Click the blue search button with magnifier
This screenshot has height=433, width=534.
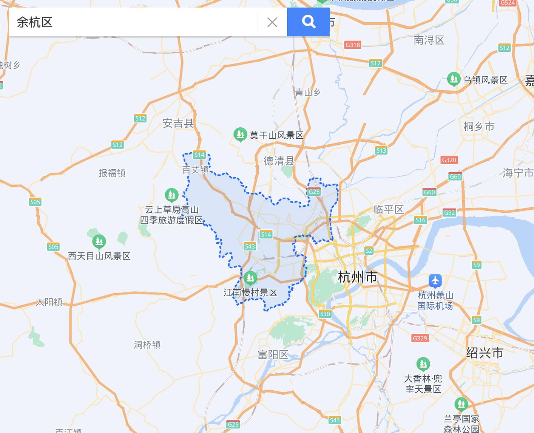[x=308, y=22]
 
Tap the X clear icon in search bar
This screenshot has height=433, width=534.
[x=272, y=22]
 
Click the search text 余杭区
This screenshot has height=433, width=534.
[x=34, y=22]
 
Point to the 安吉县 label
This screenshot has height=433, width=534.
[x=178, y=123]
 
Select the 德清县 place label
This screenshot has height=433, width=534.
[x=279, y=161]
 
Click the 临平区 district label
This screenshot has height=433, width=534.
[x=388, y=210]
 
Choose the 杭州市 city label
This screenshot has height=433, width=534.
[x=358, y=277]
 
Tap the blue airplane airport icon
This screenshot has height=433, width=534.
[x=435, y=281]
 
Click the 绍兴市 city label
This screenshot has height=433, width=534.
[x=485, y=353]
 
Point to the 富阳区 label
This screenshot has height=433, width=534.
[x=273, y=354]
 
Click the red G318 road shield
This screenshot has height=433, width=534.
[x=353, y=45]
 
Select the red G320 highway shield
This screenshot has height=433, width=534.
[x=449, y=160]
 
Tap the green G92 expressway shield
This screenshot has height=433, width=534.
[x=449, y=213]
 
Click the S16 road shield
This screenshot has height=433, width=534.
[x=420, y=220]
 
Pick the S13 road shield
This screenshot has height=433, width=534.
[x=381, y=150]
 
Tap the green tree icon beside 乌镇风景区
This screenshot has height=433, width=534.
[x=454, y=79]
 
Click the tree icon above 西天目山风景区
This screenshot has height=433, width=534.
[x=99, y=241]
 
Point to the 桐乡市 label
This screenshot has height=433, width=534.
[x=479, y=127]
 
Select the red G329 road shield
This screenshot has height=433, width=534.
[x=420, y=338]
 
